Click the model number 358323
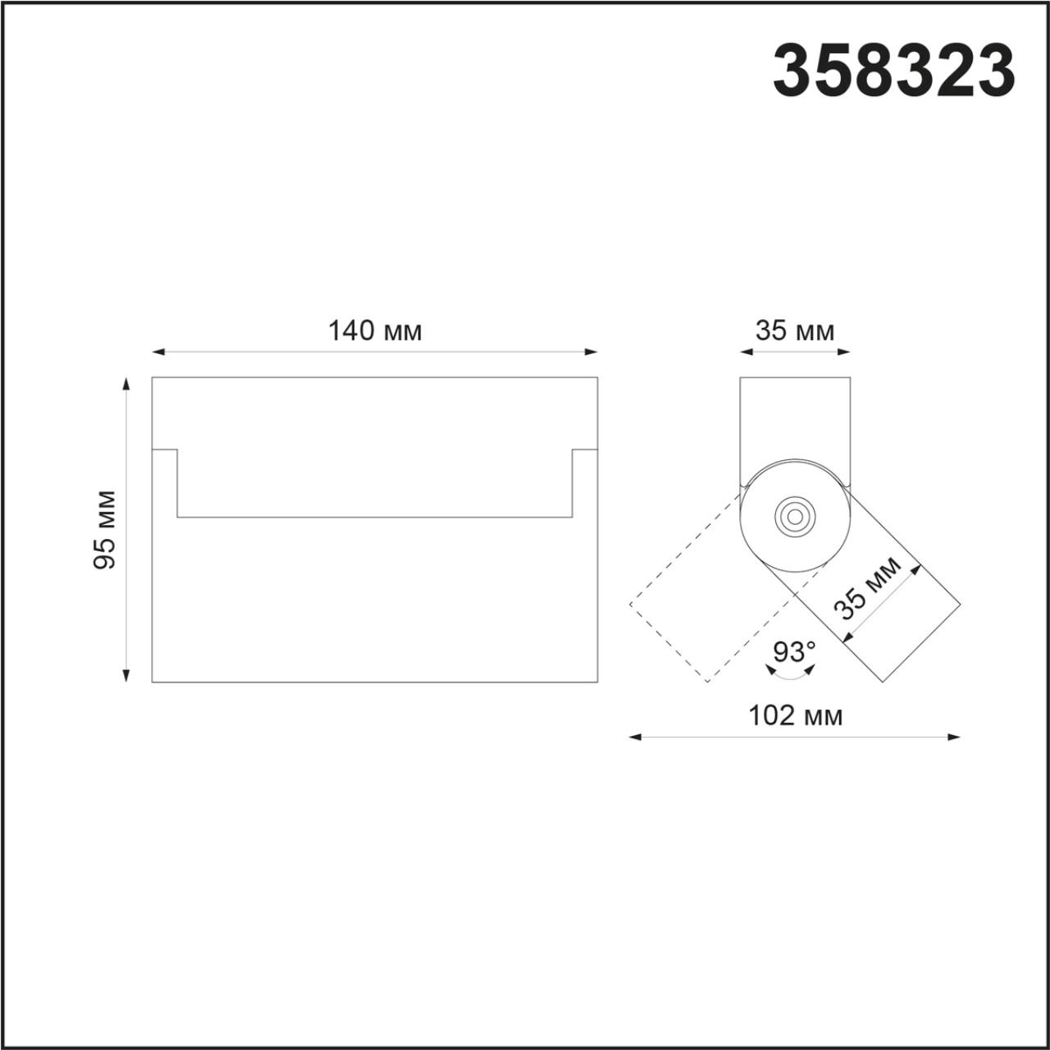tap(894, 71)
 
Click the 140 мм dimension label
tap(375, 331)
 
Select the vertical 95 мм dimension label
tap(105, 529)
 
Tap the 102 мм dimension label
tap(795, 716)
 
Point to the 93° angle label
tap(794, 652)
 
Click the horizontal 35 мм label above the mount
tap(794, 331)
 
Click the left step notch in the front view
tap(167, 459)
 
